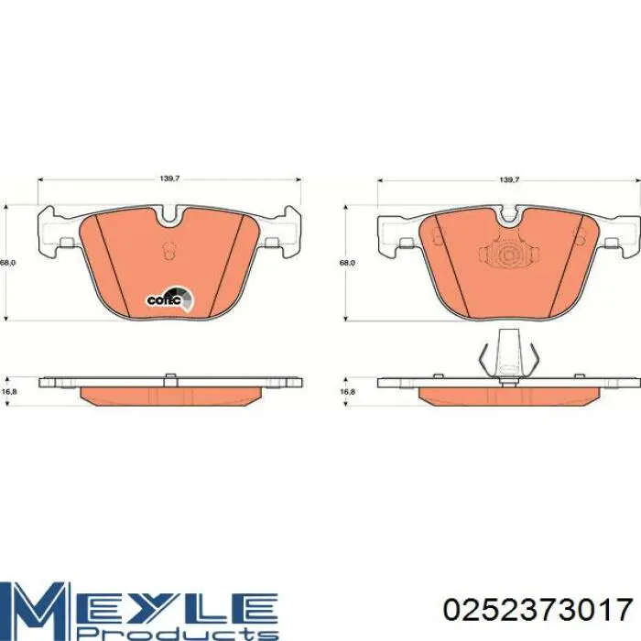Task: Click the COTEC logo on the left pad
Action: click(x=170, y=299)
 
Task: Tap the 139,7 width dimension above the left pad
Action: click(x=169, y=179)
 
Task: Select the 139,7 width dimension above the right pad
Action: click(x=509, y=179)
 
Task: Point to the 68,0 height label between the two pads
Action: click(x=347, y=263)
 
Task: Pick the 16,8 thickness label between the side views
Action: click(x=347, y=391)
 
